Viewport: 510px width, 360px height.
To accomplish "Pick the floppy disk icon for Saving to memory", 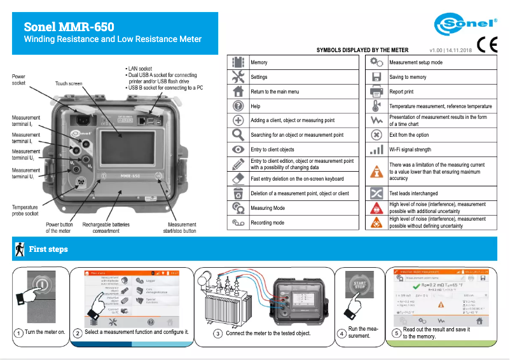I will click(x=376, y=77).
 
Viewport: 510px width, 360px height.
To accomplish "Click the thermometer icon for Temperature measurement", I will click(x=376, y=106).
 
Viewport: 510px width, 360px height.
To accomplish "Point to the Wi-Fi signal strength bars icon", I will click(x=376, y=150).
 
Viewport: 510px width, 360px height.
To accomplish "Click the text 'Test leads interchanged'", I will click(x=413, y=193).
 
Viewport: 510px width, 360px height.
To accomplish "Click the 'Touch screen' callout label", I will click(x=69, y=83).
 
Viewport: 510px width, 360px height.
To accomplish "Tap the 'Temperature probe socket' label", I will click(x=25, y=211).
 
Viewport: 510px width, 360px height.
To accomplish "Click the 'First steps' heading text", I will click(x=48, y=249).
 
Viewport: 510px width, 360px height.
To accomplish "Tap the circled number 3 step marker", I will click(x=218, y=333).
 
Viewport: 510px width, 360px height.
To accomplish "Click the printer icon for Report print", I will click(x=376, y=92).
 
